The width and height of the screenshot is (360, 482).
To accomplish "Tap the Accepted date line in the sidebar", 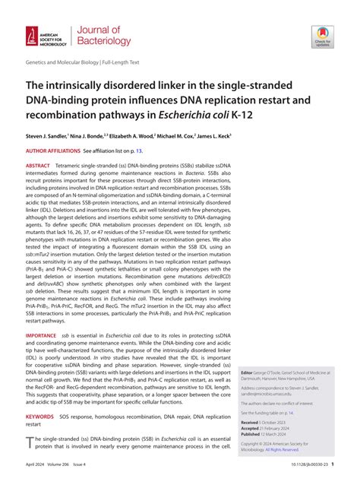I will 266,427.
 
